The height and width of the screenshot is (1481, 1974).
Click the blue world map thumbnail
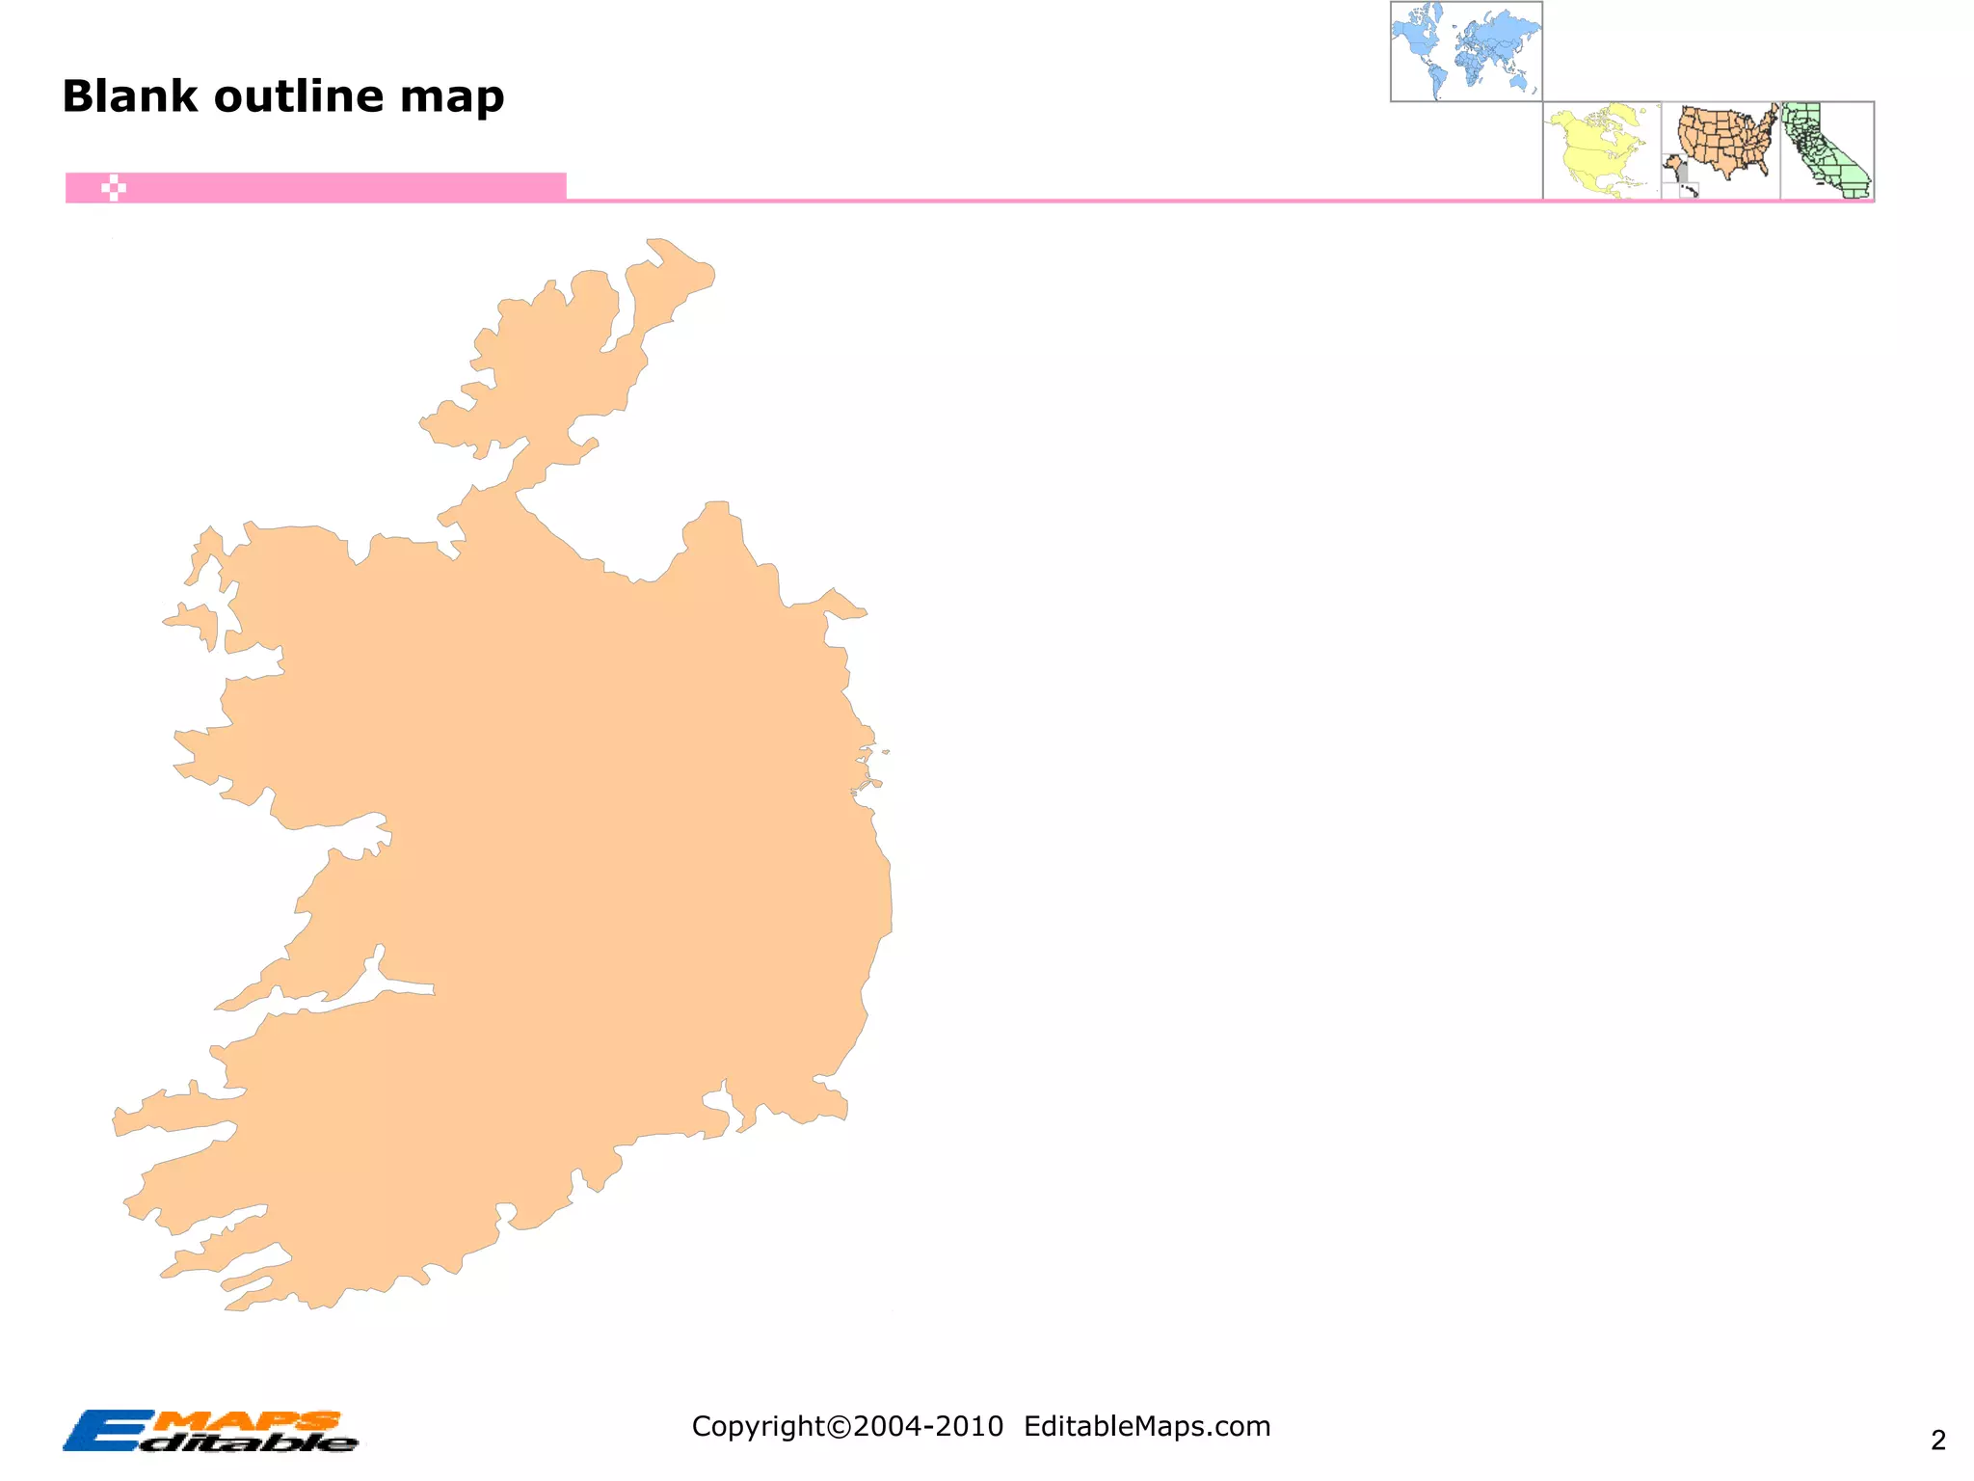(x=1466, y=50)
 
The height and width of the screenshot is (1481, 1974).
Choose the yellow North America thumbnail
(x=1601, y=150)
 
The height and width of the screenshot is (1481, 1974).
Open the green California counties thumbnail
(x=1827, y=150)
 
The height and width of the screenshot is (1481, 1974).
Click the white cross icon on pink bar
(x=114, y=188)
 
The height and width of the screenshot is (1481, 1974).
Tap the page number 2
(x=1937, y=1441)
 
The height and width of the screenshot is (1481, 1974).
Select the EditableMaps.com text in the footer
(x=1147, y=1426)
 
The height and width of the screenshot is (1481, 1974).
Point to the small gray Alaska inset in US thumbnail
(x=1679, y=173)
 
